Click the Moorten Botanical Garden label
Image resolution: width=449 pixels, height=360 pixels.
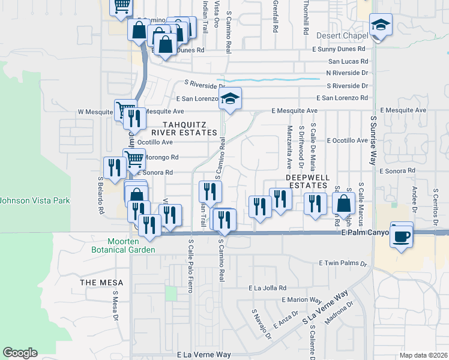(124, 245)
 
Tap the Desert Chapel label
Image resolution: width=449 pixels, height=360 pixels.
(342, 36)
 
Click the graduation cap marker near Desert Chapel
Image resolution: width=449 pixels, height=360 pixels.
(381, 26)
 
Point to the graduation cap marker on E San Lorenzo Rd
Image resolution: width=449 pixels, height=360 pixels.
(229, 99)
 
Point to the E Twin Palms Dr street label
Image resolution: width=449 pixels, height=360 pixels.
(343, 263)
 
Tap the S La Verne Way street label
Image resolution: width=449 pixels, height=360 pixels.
(326, 309)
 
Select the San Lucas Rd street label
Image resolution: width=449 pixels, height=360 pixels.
(348, 61)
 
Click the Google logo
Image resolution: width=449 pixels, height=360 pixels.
(20, 353)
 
